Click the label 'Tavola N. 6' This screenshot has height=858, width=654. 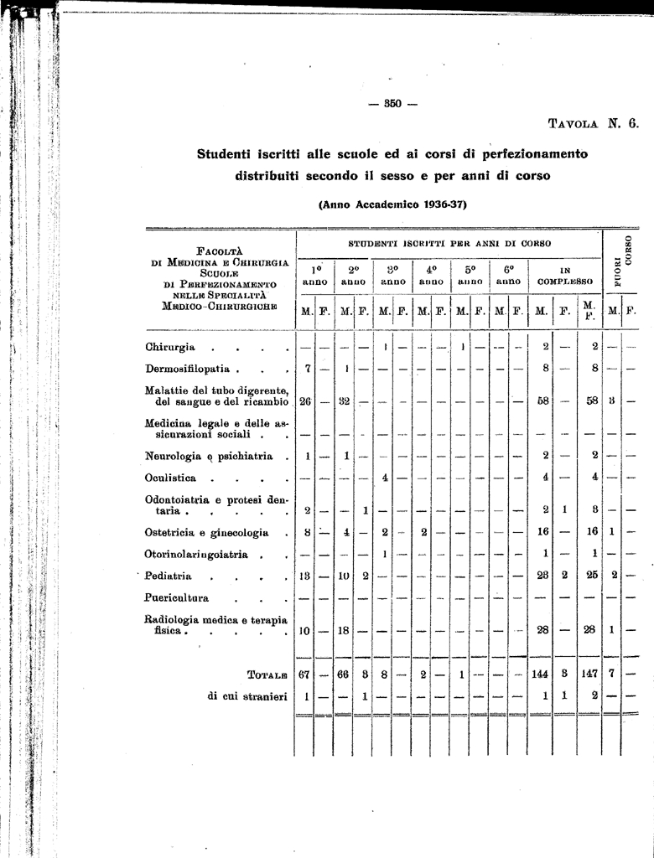(x=593, y=122)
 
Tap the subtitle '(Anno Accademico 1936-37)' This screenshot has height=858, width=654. (x=392, y=204)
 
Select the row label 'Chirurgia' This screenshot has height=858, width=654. (x=170, y=347)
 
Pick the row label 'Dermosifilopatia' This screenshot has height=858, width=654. (x=192, y=368)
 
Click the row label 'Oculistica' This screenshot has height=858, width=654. (x=171, y=478)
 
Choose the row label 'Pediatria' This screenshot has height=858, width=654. (x=169, y=576)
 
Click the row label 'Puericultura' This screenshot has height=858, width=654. (x=177, y=598)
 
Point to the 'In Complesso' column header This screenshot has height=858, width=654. (x=565, y=276)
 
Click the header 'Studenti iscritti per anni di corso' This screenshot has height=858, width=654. (x=449, y=243)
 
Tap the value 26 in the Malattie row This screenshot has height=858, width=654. (x=305, y=401)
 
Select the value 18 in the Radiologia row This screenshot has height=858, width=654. (x=343, y=630)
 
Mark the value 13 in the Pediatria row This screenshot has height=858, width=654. (x=305, y=576)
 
